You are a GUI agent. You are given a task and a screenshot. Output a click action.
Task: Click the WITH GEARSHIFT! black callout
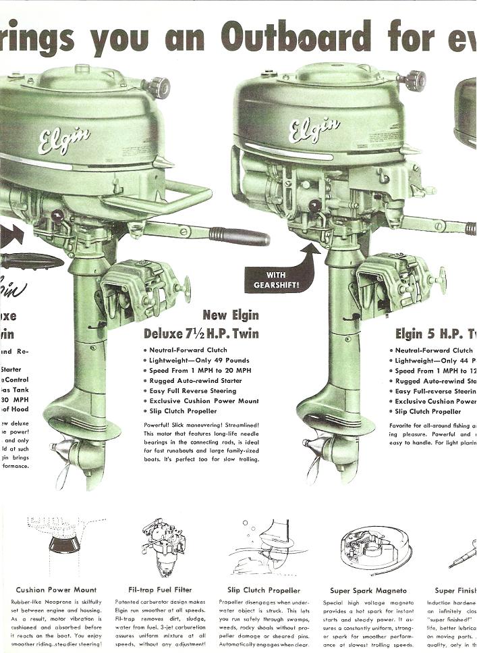[271, 280]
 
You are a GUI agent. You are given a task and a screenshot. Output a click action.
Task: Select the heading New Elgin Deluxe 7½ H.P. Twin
[202, 324]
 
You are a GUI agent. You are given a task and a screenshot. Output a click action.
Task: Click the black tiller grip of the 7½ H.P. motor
[239, 236]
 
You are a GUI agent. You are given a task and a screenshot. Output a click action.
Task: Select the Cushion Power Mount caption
[56, 590]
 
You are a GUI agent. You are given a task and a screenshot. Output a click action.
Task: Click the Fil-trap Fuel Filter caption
[161, 590]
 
